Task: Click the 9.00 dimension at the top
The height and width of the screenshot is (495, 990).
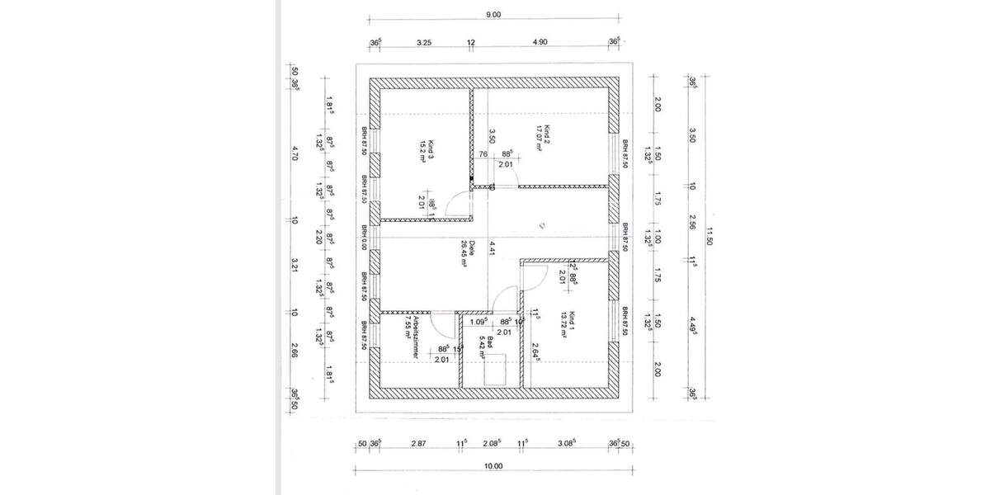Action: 494,14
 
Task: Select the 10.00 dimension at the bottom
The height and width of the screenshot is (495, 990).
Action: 493,466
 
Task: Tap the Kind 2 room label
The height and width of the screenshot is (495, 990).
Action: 540,139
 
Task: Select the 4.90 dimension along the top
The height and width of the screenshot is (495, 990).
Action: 540,41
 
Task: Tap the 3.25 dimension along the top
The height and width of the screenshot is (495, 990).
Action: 424,41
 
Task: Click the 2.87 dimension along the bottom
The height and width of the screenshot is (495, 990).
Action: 418,443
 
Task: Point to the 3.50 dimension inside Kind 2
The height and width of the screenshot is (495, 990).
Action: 492,136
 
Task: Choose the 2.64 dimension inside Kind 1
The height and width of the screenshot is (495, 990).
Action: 535,351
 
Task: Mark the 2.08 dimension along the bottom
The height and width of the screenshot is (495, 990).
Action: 492,443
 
